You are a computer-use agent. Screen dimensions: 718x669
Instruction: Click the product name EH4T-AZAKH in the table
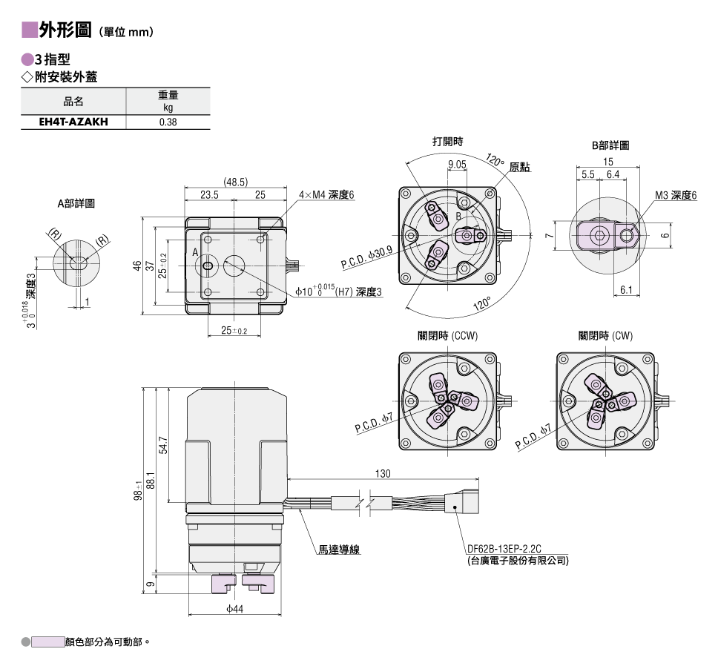point(73,122)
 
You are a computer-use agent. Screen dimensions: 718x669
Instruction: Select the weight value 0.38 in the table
point(168,122)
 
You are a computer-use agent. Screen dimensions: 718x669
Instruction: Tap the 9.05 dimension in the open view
point(457,165)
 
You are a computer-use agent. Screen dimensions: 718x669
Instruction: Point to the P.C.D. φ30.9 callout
point(366,257)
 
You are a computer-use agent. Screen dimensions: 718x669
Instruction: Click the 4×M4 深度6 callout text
point(326,195)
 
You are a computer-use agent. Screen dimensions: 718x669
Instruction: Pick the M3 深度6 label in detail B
point(676,196)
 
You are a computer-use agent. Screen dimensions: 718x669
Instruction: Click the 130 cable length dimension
point(383,473)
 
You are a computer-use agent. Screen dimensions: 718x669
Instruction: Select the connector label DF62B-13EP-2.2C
point(504,549)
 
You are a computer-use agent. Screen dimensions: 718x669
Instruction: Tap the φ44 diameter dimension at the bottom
point(234,609)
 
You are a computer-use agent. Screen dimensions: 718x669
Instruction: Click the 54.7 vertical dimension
point(163,445)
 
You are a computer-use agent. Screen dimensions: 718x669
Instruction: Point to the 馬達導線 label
point(339,550)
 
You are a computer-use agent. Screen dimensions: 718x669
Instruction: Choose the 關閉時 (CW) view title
point(605,336)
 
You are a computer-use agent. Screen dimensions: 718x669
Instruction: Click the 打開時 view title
point(448,142)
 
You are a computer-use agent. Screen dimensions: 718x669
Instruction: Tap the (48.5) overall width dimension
point(235,182)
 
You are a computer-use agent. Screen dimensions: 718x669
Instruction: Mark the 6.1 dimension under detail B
point(626,290)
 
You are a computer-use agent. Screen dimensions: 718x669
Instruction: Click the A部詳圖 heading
point(76,203)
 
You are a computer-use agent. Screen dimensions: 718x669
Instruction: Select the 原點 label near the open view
point(520,167)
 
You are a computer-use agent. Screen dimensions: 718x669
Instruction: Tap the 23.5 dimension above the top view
point(209,194)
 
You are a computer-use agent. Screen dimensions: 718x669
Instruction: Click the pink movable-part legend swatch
point(47,642)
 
